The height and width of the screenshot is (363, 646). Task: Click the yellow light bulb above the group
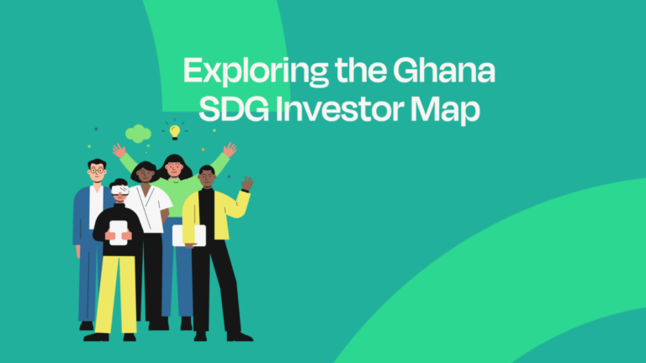coord(175,131)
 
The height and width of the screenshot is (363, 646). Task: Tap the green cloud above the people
coord(137,133)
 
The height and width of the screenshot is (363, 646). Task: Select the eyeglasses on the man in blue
coord(98,171)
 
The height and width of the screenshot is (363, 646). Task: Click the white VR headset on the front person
coord(119,190)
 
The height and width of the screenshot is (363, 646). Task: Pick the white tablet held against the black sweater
coord(119,231)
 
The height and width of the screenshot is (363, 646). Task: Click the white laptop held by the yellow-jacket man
coord(188,235)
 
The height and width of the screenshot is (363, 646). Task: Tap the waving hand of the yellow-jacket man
coord(246,183)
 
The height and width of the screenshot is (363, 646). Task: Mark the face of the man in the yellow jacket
coord(206,178)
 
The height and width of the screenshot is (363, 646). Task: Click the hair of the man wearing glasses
coord(97,162)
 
